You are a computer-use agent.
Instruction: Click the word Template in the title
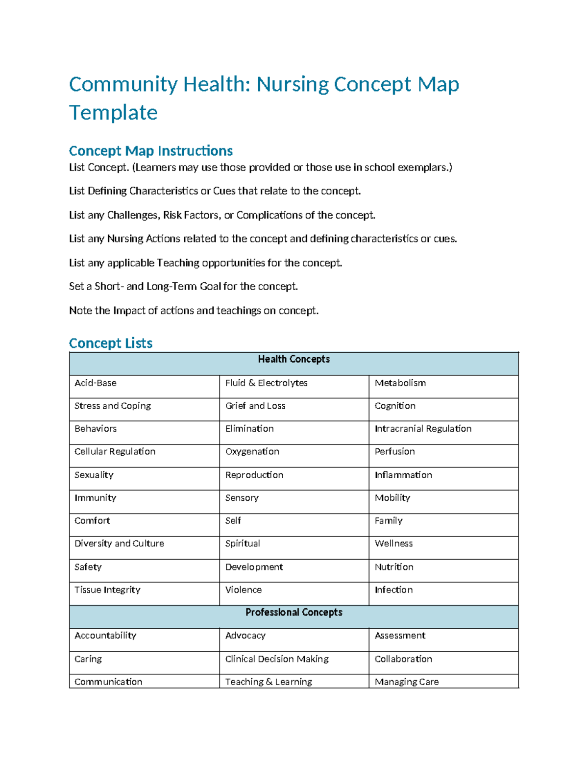point(113,113)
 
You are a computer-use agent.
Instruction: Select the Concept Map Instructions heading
point(151,150)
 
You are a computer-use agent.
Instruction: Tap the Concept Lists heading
point(111,343)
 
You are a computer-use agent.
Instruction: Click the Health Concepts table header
point(294,359)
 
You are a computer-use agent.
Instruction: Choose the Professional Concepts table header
point(294,613)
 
